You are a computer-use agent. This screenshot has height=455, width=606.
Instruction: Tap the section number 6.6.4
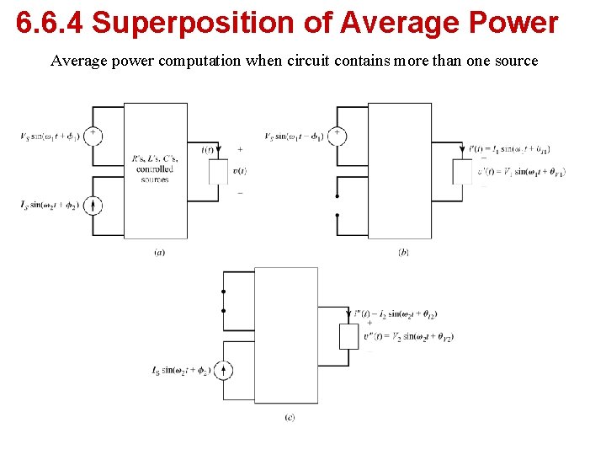point(50,23)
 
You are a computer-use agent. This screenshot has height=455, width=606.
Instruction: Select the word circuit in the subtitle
point(334,61)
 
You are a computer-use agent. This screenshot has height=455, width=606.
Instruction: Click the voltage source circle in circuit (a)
point(93,136)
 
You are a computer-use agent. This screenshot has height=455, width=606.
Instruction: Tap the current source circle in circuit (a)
point(93,205)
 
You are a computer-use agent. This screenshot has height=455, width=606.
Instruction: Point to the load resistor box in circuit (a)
point(219,171)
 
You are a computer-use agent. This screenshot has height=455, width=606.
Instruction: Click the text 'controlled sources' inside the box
point(155,174)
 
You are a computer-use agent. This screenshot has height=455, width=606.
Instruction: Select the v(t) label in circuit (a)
point(239,171)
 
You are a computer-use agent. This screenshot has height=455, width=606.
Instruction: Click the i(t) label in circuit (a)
point(207,150)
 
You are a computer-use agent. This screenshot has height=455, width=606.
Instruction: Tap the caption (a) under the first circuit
point(159,252)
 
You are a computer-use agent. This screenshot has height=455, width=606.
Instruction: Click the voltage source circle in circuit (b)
point(337,136)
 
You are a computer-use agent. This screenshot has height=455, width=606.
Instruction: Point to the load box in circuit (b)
point(462,171)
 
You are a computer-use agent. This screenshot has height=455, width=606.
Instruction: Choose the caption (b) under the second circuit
point(403,252)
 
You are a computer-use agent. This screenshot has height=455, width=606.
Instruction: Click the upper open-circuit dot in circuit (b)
point(337,195)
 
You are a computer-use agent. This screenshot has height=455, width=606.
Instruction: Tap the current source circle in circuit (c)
point(223,370)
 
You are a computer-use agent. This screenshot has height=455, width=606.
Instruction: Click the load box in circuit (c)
point(348,335)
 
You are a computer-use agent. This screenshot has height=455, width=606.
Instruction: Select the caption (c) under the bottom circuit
point(290,417)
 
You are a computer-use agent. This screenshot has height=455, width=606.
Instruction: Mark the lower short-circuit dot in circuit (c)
point(223,310)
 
